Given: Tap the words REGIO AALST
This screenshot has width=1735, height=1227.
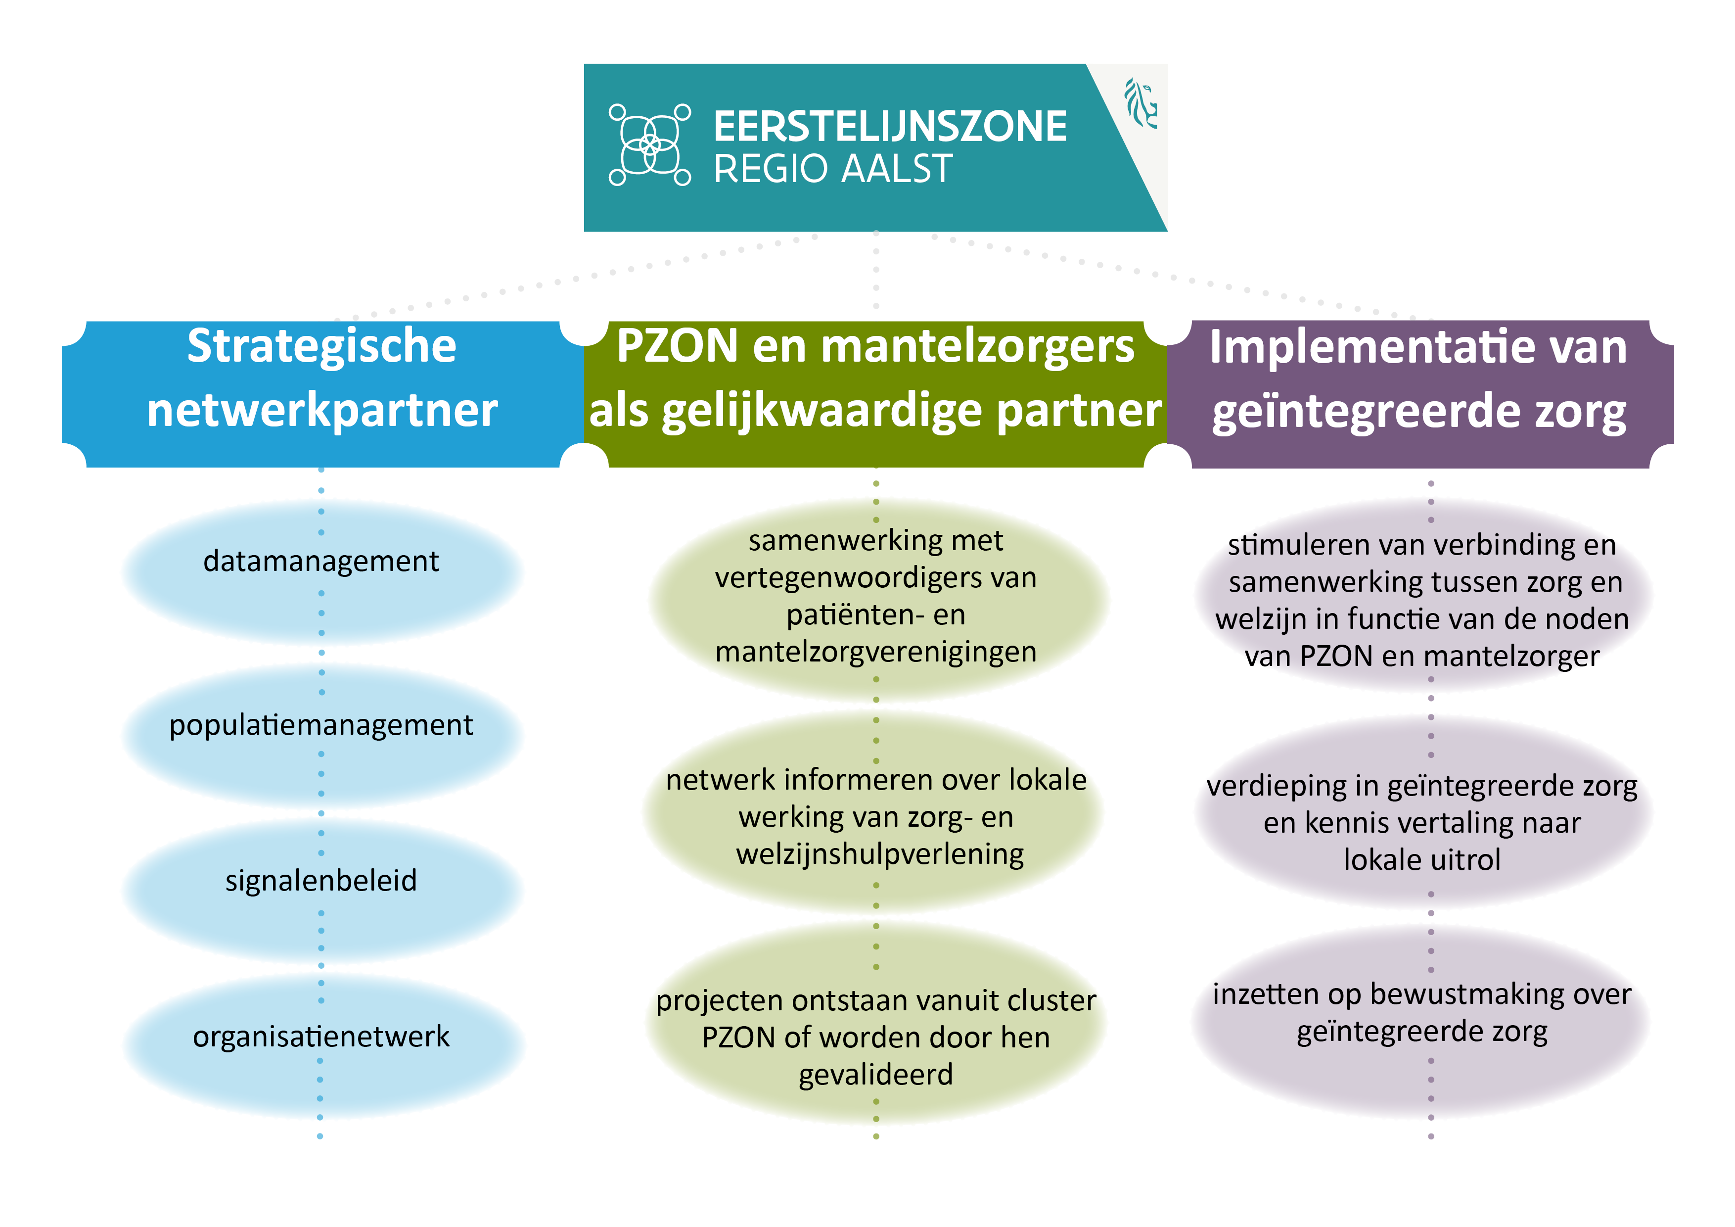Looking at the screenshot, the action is pos(833,169).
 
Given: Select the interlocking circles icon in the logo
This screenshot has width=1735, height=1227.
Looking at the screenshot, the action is pos(650,144).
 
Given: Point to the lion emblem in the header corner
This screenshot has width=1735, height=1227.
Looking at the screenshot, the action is pos(1141,103).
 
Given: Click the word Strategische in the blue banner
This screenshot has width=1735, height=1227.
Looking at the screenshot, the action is pos(322,347).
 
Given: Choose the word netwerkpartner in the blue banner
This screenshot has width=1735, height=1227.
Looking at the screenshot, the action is pos(322,411).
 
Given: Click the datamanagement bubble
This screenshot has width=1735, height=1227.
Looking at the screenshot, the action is pos(322,572).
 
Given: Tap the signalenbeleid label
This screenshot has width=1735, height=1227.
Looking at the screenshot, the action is pos(321,881).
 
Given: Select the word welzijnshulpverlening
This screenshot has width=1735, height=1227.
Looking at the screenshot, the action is pos(879,854).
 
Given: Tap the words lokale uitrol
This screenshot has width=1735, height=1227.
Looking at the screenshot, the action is pos(1422,859).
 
